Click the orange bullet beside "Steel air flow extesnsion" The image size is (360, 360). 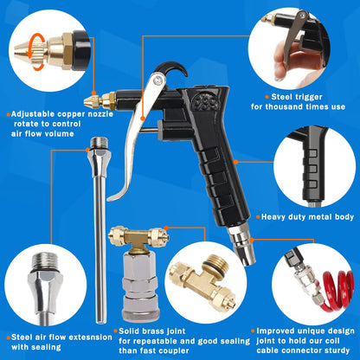pyautogui.click(x=6, y=336)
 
